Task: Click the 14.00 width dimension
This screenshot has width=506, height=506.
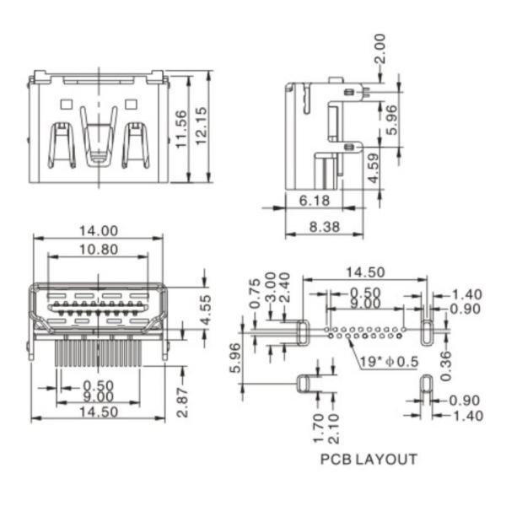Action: pos(98,230)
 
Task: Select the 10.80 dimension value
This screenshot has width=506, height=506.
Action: pos(98,250)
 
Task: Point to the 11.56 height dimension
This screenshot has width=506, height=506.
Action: pos(180,126)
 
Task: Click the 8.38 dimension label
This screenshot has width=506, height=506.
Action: pos(325,226)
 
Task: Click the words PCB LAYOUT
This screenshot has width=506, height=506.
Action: pos(368,460)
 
